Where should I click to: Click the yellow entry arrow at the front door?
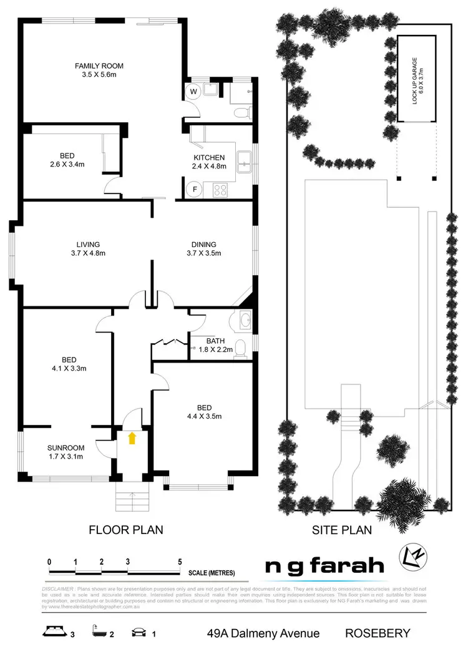[132, 438]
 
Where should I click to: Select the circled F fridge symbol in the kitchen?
[195, 188]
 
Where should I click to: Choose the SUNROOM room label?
[66, 452]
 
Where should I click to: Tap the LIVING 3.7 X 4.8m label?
[86, 248]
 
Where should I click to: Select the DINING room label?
[203, 248]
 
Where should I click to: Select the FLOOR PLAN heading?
[125, 530]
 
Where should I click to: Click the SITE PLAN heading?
[341, 530]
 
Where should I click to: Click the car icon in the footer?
[138, 633]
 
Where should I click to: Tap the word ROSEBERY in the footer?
[378, 633]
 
